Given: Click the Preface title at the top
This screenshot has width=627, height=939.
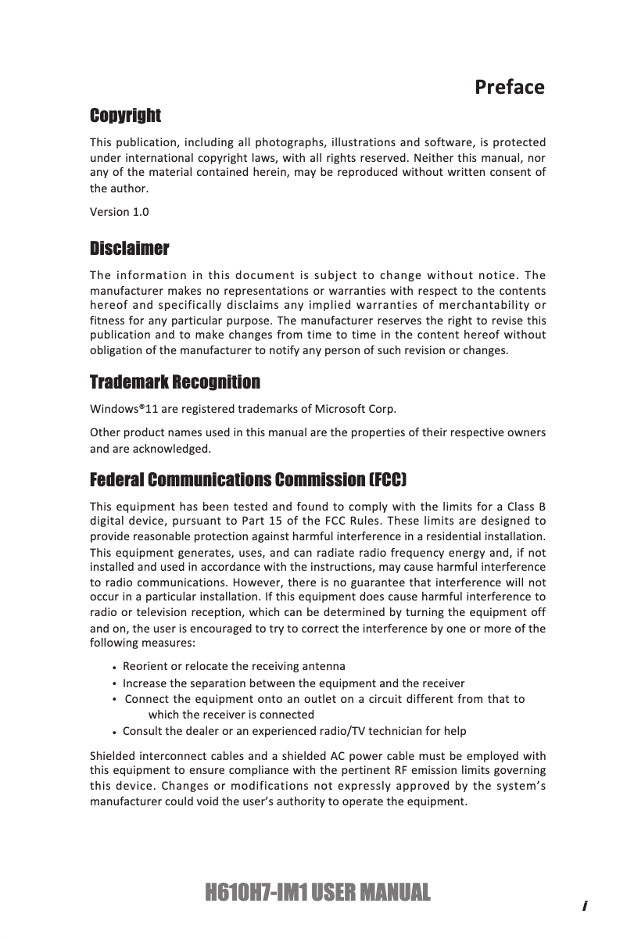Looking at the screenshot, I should pyautogui.click(x=509, y=87).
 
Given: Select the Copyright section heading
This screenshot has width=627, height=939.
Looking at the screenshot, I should pyautogui.click(x=125, y=116).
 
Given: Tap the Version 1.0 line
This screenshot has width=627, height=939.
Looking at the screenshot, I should pyautogui.click(x=119, y=212).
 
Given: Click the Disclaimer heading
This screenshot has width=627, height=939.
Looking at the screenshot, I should pyautogui.click(x=129, y=249).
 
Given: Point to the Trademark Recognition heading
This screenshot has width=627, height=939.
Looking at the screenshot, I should pyautogui.click(x=175, y=382).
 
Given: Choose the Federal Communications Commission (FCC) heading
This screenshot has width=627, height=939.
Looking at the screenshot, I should pyautogui.click(x=249, y=478).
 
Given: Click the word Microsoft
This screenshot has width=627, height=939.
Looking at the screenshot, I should pyautogui.click(x=343, y=410).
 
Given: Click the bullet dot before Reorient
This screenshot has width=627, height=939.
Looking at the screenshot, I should pyautogui.click(x=115, y=668).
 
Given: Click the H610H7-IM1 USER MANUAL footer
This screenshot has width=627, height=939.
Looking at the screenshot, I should pyautogui.click(x=317, y=892).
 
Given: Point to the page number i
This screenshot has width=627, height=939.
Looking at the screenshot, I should pyautogui.click(x=584, y=906).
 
